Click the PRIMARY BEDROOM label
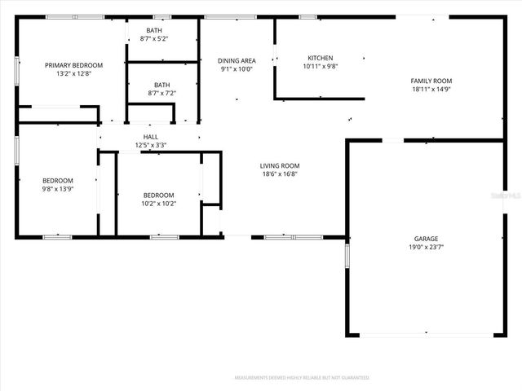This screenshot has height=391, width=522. click(x=73, y=65)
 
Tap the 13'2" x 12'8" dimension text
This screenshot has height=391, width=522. click(x=73, y=73)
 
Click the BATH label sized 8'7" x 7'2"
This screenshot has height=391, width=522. click(x=161, y=85)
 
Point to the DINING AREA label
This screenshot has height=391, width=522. click(x=237, y=60)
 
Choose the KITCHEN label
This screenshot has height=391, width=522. click(x=320, y=58)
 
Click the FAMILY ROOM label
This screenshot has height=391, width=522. click(x=431, y=81)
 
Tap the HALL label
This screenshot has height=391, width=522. click(x=151, y=137)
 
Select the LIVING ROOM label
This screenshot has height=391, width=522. click(x=280, y=165)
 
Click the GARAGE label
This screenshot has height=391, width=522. click(x=426, y=239)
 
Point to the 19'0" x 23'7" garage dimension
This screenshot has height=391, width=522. click(x=426, y=247)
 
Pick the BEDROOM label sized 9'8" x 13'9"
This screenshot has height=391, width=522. click(x=58, y=181)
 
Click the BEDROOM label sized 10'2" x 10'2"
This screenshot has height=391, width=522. click(x=158, y=195)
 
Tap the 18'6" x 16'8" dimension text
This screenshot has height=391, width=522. click(x=280, y=174)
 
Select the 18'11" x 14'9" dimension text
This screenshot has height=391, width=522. click(x=431, y=89)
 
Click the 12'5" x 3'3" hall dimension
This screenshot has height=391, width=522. click(x=151, y=145)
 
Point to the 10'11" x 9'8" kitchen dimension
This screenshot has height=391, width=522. click(x=320, y=66)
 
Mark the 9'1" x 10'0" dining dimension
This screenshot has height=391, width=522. click(x=237, y=68)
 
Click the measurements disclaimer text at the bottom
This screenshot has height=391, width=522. click(x=302, y=378)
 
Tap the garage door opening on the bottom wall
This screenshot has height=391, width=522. click(x=427, y=335)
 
